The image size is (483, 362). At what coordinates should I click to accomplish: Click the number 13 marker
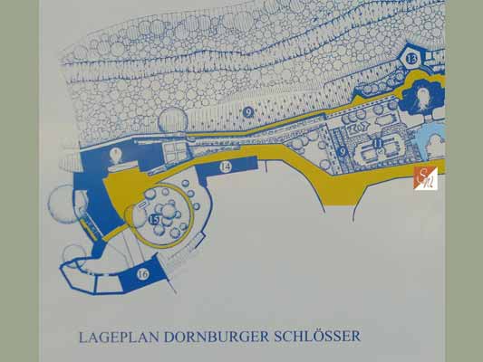pyautogui.click(x=411, y=59)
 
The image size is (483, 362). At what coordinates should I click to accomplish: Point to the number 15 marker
pyautogui.click(x=155, y=220)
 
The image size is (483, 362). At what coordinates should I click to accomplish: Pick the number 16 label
pyautogui.click(x=143, y=273)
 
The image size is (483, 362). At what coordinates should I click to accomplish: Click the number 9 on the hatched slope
pyautogui.click(x=246, y=111)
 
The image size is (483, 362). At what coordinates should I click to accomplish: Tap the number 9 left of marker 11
pyautogui.click(x=342, y=150)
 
